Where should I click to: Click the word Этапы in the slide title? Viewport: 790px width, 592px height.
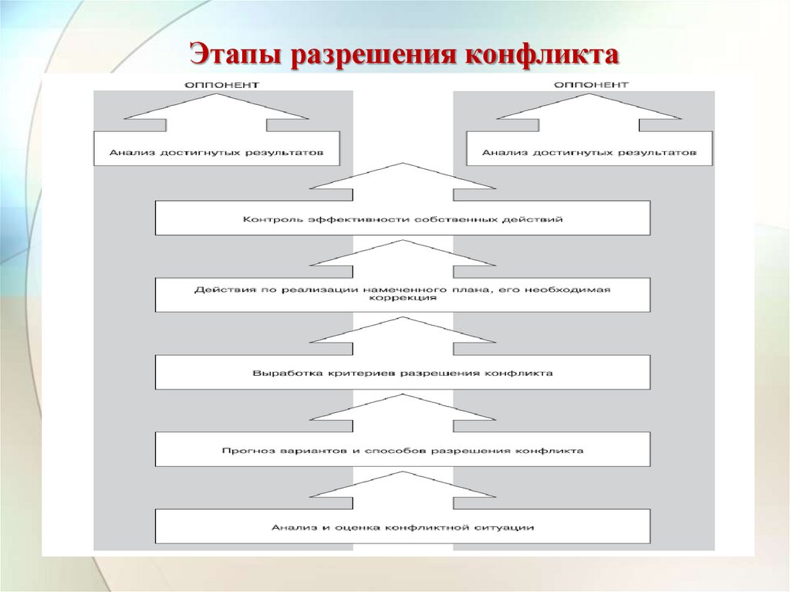coord(236,56)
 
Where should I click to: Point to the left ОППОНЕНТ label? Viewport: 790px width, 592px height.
coord(217,83)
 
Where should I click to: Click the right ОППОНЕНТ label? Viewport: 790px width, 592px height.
coord(589,83)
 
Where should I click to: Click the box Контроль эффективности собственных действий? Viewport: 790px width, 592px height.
coord(402,218)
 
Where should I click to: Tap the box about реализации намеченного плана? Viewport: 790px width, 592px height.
coord(402,295)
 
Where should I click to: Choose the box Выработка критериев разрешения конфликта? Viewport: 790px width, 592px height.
coord(402,373)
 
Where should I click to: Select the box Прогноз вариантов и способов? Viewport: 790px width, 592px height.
coord(402,450)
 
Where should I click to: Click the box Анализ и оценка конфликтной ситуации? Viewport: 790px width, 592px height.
coord(402,527)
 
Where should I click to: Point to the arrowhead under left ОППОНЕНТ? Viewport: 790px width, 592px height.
coord(217,108)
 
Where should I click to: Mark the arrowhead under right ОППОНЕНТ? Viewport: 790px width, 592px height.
coord(589,108)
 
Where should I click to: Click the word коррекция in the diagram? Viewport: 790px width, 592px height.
coord(402,299)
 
